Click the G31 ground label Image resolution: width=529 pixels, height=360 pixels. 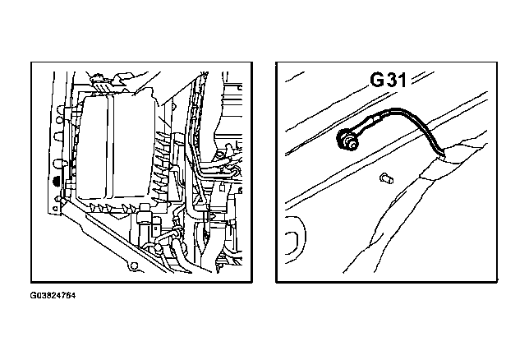point(388,80)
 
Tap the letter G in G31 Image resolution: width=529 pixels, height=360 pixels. point(376,80)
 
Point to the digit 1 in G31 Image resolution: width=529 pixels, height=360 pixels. point(402,80)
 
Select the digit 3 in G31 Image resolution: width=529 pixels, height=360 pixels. point(391,80)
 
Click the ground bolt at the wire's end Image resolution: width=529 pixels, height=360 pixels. point(346,139)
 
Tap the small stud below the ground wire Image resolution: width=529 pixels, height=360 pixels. point(386,178)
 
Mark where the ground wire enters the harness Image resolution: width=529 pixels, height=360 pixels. point(441,156)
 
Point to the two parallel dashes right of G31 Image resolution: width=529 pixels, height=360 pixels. point(422,77)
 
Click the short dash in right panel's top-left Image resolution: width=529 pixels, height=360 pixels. point(295,76)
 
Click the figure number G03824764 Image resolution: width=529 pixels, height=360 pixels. point(53,296)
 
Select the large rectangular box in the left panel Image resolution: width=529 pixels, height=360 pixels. point(115,149)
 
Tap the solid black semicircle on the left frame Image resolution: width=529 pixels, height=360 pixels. point(57,181)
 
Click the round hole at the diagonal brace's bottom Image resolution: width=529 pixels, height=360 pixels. point(134,266)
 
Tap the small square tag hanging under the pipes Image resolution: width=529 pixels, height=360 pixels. point(222,187)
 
